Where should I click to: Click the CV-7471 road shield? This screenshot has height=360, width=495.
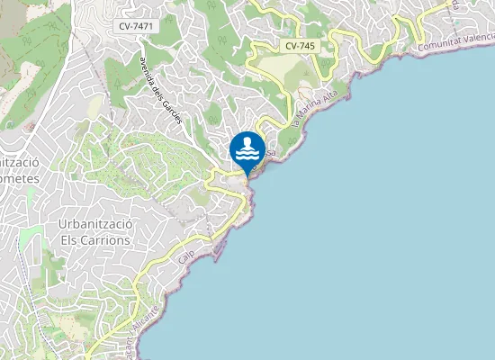[x=136, y=27]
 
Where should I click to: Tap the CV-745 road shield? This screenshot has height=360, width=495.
[x=300, y=45]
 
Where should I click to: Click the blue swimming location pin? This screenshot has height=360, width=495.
[x=247, y=149]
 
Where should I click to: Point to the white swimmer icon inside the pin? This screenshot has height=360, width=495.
[x=247, y=145]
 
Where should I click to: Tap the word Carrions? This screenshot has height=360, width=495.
[x=103, y=240]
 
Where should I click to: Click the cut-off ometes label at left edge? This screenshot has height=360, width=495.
[x=19, y=178]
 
